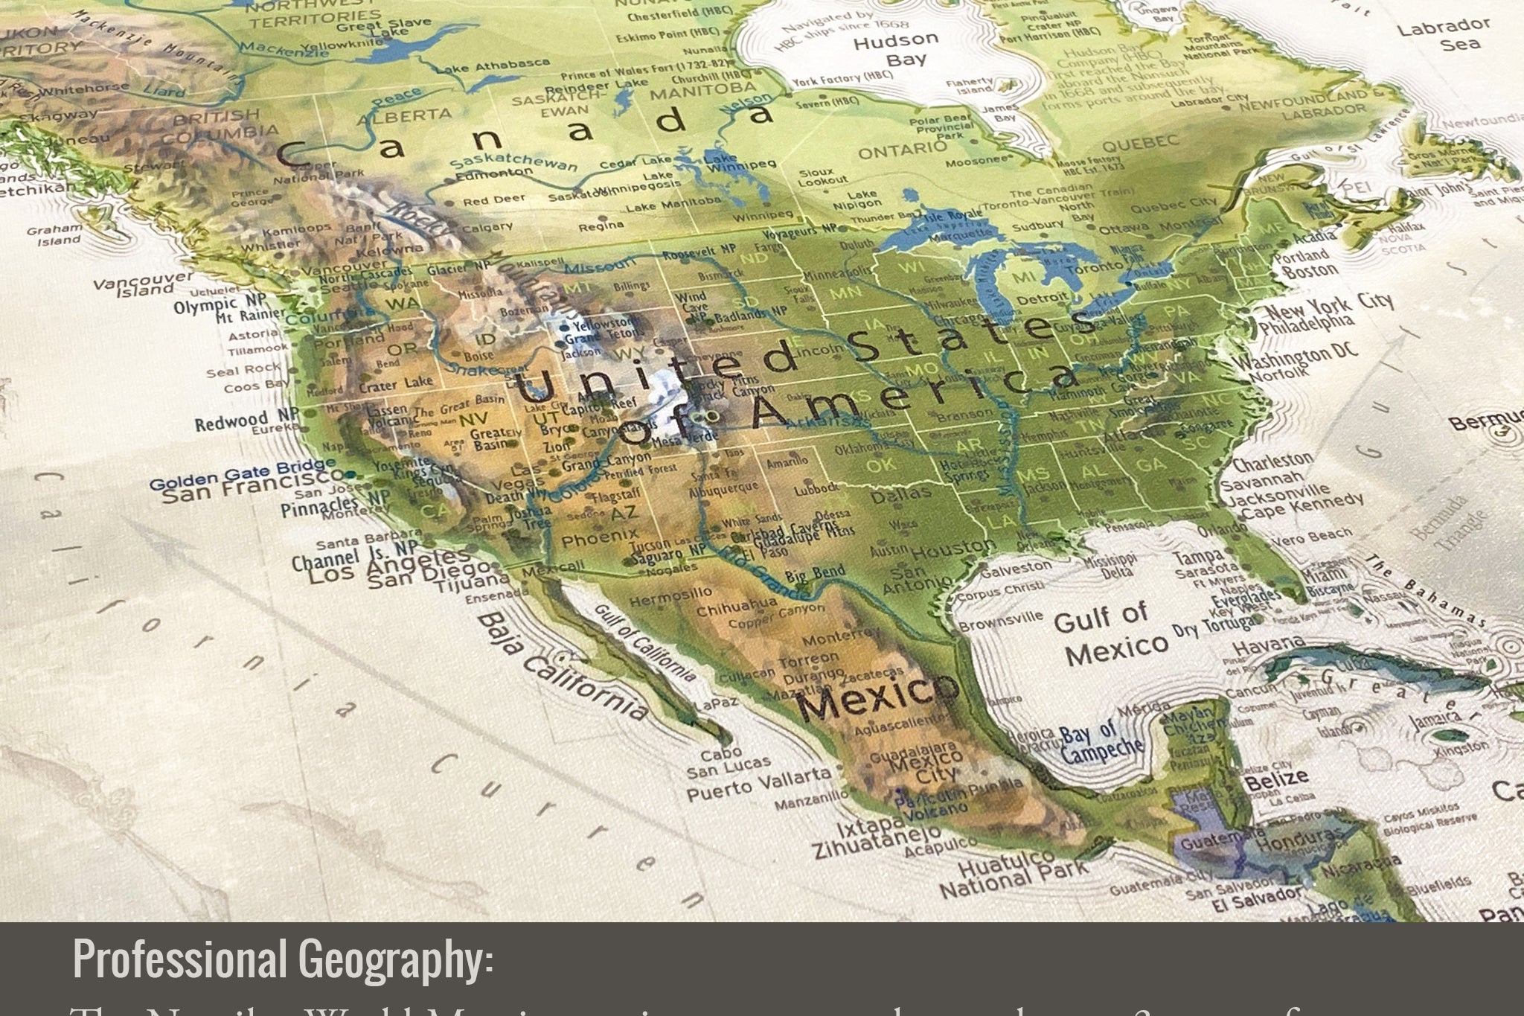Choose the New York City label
[1328, 307]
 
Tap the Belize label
[1277, 780]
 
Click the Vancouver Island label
[144, 284]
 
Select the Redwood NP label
[241, 421]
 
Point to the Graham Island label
[54, 234]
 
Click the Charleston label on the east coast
[1272, 462]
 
